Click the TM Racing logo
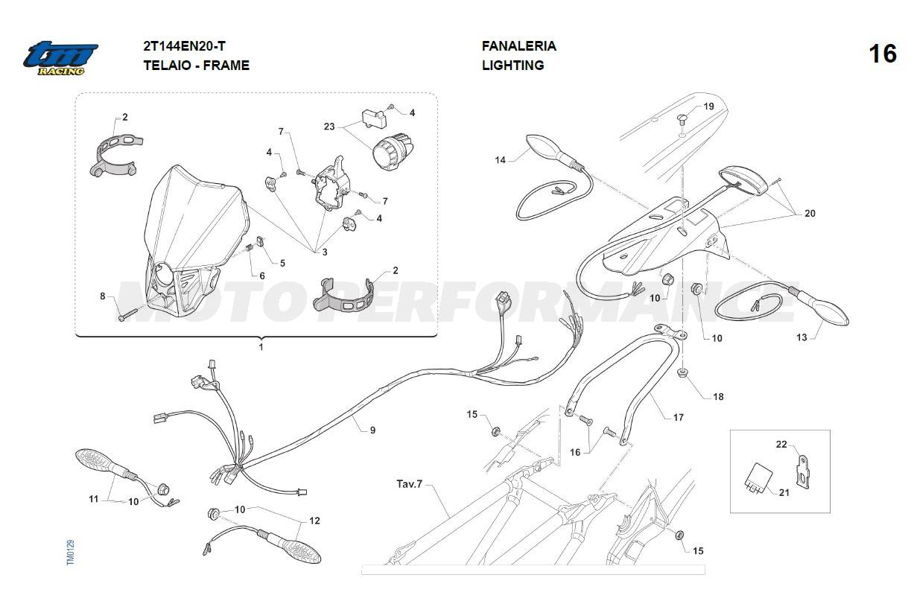point(60,58)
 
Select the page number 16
point(883,54)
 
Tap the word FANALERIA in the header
point(519,46)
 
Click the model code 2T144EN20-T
point(184,46)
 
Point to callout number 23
point(329,127)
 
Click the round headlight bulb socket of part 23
point(392,151)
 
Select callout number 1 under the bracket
point(261,347)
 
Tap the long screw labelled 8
point(127,314)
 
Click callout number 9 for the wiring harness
point(372,430)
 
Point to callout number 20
point(810,213)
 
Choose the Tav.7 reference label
point(409,484)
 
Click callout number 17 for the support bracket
point(678,417)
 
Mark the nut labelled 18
point(681,372)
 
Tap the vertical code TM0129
point(71,553)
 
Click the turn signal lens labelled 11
point(96,461)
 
